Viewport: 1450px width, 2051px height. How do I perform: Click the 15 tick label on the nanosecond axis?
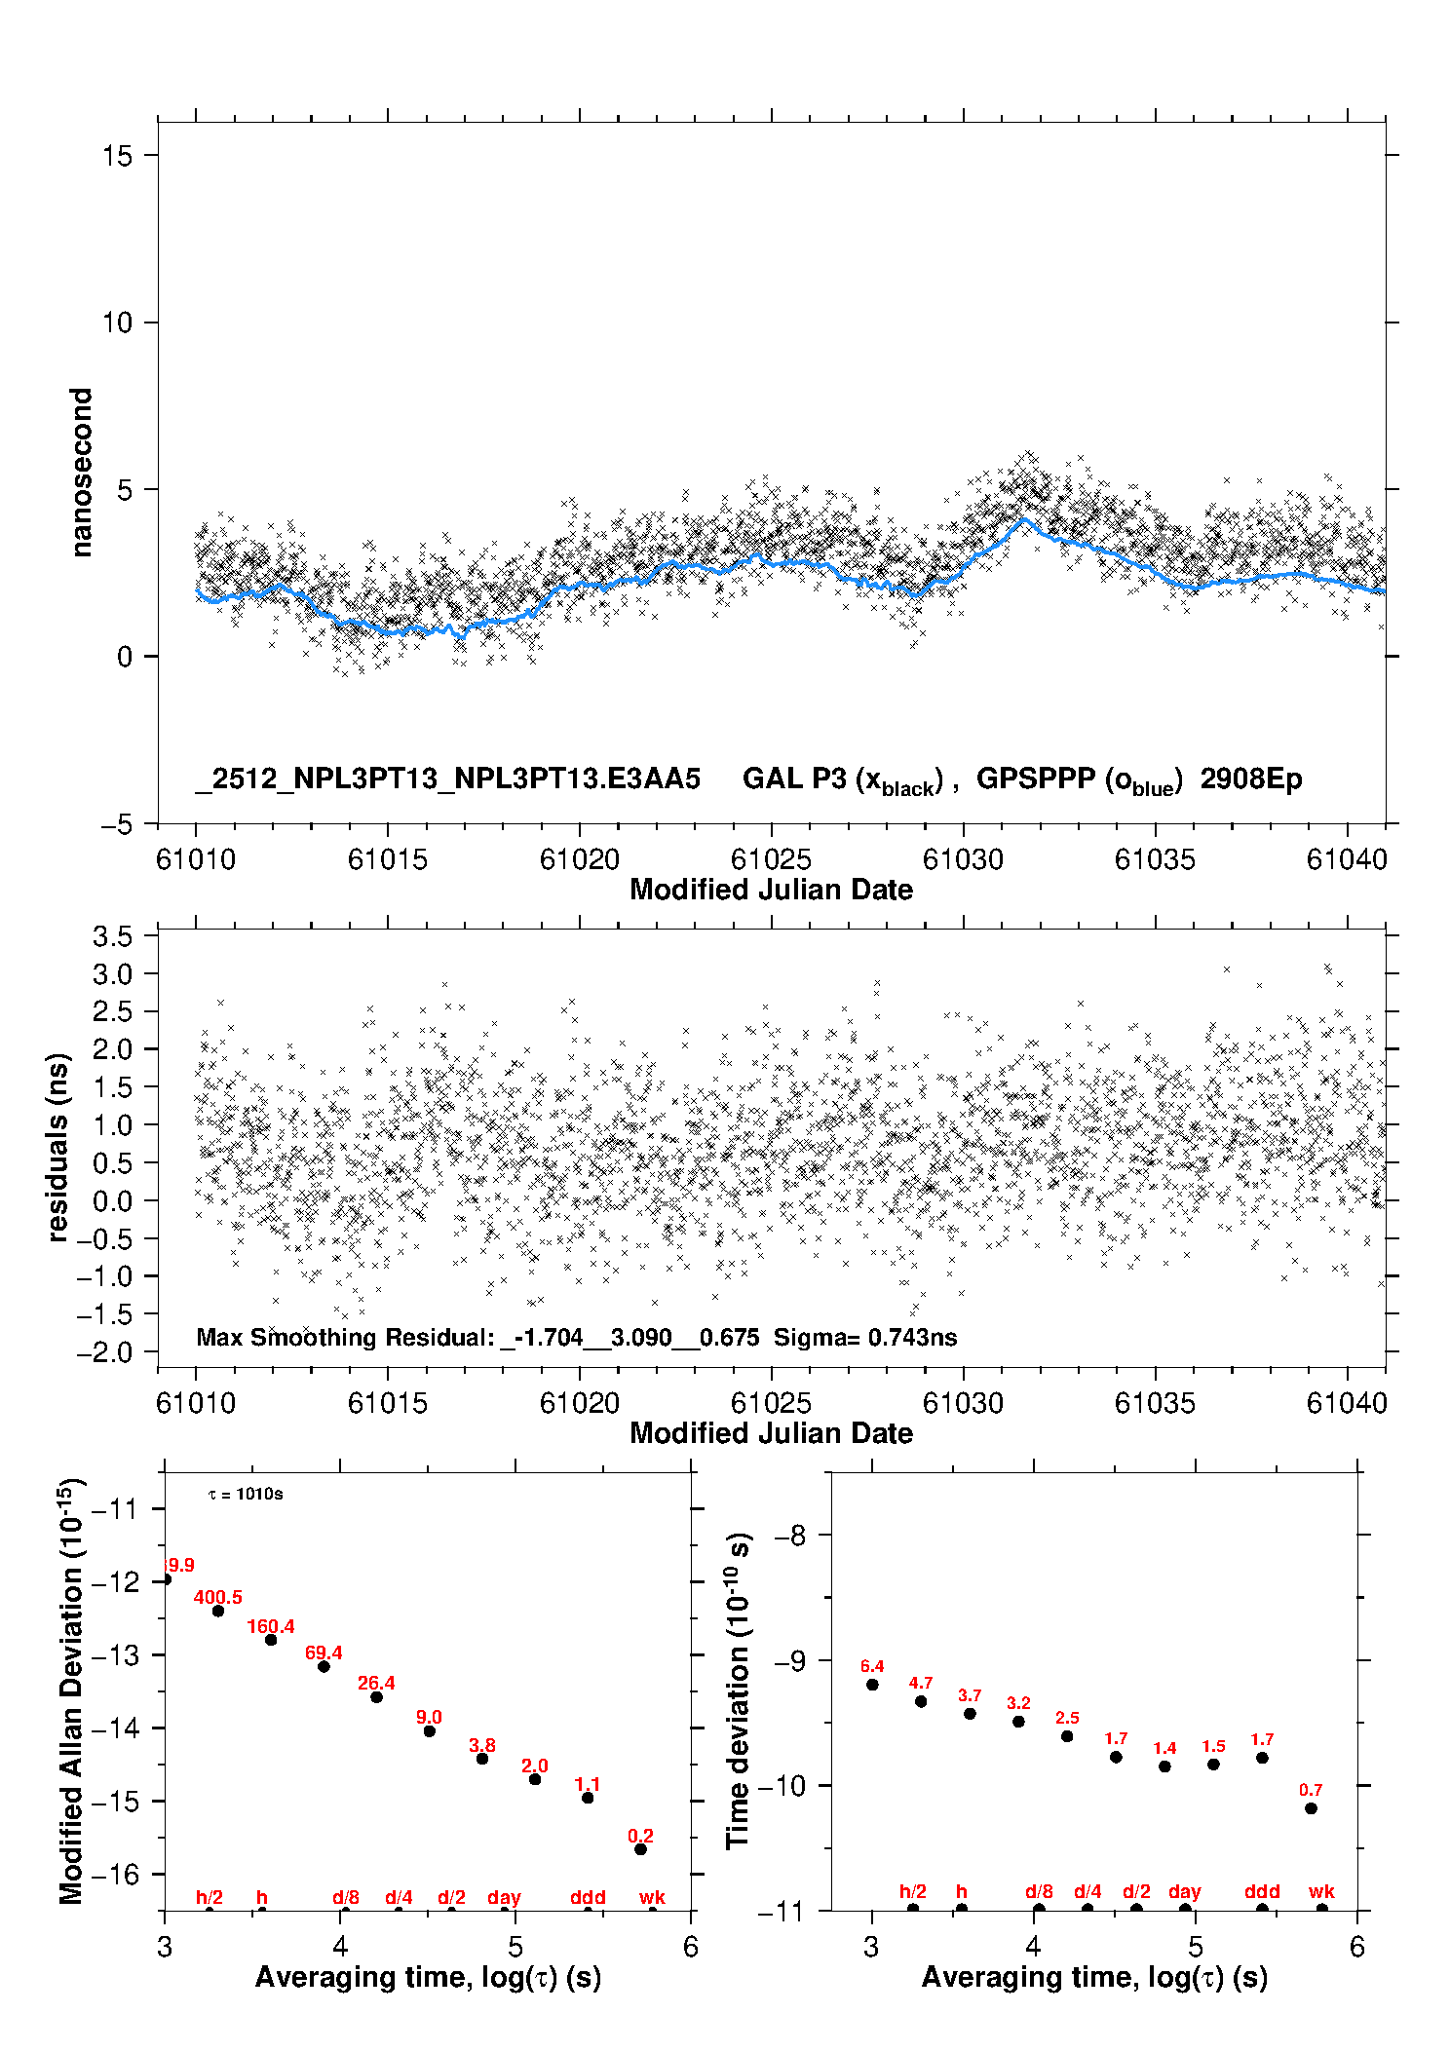click(117, 156)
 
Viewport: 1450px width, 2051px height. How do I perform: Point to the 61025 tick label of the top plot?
click(771, 859)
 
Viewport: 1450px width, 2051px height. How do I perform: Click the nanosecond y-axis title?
click(82, 473)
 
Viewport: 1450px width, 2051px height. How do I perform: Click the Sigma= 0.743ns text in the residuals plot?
click(865, 1338)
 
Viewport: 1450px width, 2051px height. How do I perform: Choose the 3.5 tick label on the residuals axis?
click(112, 936)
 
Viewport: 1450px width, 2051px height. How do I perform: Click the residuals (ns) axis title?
click(58, 1148)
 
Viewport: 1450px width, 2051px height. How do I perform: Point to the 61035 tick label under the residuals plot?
click(1155, 1403)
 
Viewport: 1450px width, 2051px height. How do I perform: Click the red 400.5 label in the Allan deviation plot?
click(217, 1597)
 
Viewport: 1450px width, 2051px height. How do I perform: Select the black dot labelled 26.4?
click(376, 1697)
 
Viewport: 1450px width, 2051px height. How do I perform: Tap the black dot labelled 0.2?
click(640, 1849)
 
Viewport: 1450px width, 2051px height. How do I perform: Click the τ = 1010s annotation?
click(246, 1495)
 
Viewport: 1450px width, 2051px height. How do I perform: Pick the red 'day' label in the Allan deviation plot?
click(504, 1897)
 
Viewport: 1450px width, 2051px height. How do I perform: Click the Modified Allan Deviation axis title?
click(71, 1690)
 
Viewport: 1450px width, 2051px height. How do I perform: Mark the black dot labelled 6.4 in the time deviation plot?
click(872, 1685)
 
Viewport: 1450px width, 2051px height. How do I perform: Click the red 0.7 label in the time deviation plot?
click(1311, 1790)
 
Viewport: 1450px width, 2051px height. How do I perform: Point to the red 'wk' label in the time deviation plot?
click(1321, 1891)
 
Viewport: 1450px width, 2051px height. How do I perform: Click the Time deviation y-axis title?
click(739, 1690)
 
